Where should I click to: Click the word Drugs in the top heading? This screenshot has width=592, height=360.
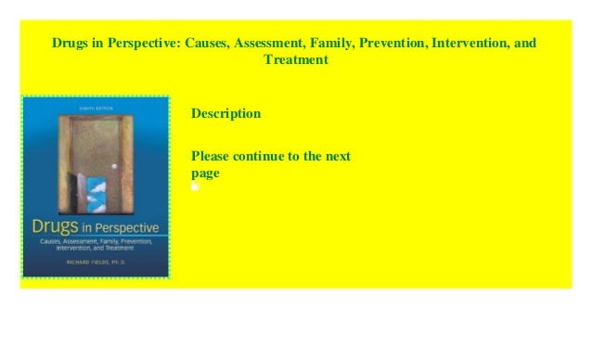(71, 44)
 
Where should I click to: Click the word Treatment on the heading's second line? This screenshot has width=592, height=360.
(296, 60)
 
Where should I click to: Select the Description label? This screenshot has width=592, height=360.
(225, 114)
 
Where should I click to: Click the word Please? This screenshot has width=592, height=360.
(212, 156)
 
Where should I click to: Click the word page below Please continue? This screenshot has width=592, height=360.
(205, 173)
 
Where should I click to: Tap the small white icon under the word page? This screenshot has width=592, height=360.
(195, 186)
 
